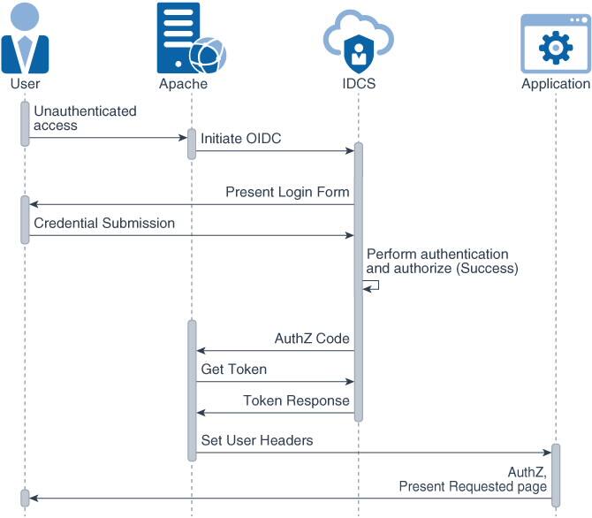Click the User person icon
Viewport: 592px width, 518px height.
coord(25,38)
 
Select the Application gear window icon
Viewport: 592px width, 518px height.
coord(555,43)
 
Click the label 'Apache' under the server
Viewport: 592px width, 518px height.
coord(183,84)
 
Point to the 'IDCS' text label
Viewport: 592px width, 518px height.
coord(358,84)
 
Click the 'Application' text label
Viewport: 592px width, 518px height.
coord(555,84)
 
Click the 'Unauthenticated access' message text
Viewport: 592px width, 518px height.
coord(85,118)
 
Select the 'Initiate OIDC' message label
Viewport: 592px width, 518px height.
coord(240,139)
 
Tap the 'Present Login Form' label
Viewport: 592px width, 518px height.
coord(287,192)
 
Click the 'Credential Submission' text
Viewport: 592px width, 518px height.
coord(104,223)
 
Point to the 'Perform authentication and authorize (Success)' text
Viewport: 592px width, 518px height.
coord(442,261)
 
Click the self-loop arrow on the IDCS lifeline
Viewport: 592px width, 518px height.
coord(372,286)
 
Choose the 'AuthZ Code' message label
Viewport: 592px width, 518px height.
coord(312,339)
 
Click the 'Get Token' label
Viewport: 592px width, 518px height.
coord(233,369)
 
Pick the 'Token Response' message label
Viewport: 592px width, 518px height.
coord(296,400)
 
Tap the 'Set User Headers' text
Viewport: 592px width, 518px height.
coord(256,439)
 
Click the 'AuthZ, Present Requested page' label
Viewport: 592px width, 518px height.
coord(473,478)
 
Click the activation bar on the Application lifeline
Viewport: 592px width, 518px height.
coord(556,475)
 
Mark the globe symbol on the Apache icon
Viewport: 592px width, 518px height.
coord(208,56)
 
